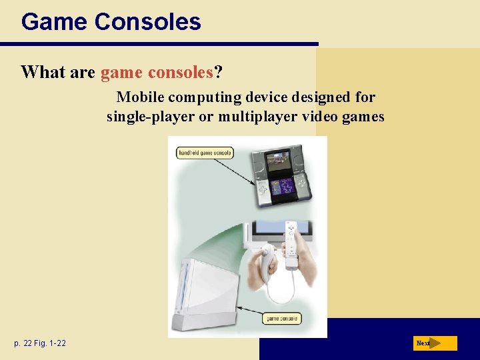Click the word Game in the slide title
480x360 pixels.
point(54,22)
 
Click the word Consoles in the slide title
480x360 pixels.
point(147,22)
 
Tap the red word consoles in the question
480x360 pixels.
point(181,72)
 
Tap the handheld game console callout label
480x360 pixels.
point(205,153)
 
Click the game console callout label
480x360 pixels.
point(282,319)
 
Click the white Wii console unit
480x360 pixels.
point(200,293)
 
